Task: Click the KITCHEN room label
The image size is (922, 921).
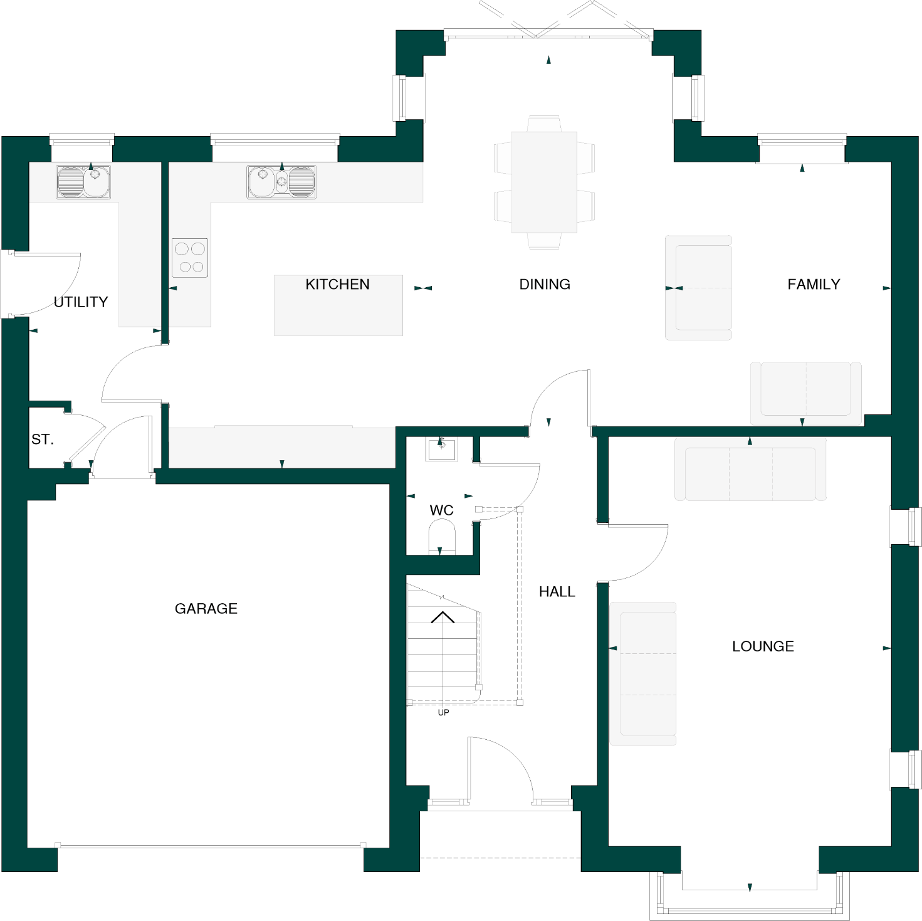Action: [x=337, y=285]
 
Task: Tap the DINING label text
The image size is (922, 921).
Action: [x=545, y=285]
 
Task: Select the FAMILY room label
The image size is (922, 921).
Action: [x=814, y=285]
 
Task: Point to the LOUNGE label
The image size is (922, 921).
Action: [x=763, y=646]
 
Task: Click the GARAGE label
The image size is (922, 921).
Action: [x=206, y=609]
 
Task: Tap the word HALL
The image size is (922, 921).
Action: [x=557, y=592]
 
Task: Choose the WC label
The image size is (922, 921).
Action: [x=441, y=510]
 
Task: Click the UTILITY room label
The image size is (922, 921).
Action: [x=81, y=302]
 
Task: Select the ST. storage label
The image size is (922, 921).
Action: [x=43, y=439]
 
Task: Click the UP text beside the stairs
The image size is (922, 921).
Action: [x=443, y=713]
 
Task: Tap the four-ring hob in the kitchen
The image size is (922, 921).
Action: [x=190, y=258]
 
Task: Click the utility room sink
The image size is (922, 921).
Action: [x=83, y=182]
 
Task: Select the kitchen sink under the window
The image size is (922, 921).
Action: [x=281, y=182]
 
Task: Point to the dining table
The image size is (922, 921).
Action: [x=544, y=182]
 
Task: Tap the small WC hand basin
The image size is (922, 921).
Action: [x=441, y=448]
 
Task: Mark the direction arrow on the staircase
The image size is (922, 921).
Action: [x=443, y=618]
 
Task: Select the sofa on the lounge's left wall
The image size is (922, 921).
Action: [x=643, y=674]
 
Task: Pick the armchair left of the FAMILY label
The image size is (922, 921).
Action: [x=699, y=288]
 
